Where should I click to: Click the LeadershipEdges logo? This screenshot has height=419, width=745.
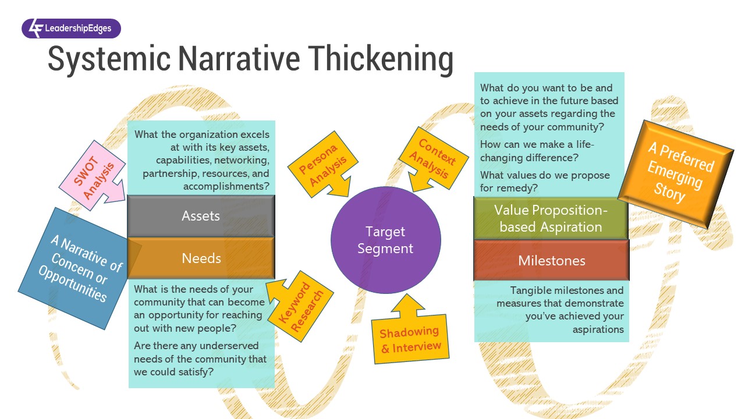(71, 29)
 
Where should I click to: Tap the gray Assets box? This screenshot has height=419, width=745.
(201, 216)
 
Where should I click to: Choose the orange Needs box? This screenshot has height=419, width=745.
(201, 258)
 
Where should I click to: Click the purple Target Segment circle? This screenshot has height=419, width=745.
(385, 240)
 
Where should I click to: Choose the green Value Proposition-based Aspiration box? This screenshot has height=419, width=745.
(551, 218)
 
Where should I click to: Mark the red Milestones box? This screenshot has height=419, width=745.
(551, 260)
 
